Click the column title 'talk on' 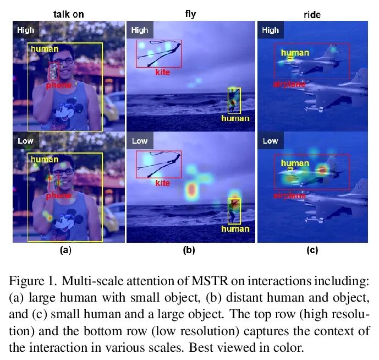[68, 14]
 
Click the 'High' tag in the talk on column [25, 30]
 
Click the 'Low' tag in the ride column [270, 141]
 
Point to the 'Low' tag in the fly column [140, 141]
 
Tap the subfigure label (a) [65, 250]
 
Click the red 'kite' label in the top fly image [162, 73]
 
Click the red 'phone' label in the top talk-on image [58, 85]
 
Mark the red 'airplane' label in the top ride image [289, 84]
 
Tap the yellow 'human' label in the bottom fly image [235, 228]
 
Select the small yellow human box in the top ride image [290, 58]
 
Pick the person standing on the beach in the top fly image [234, 100]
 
